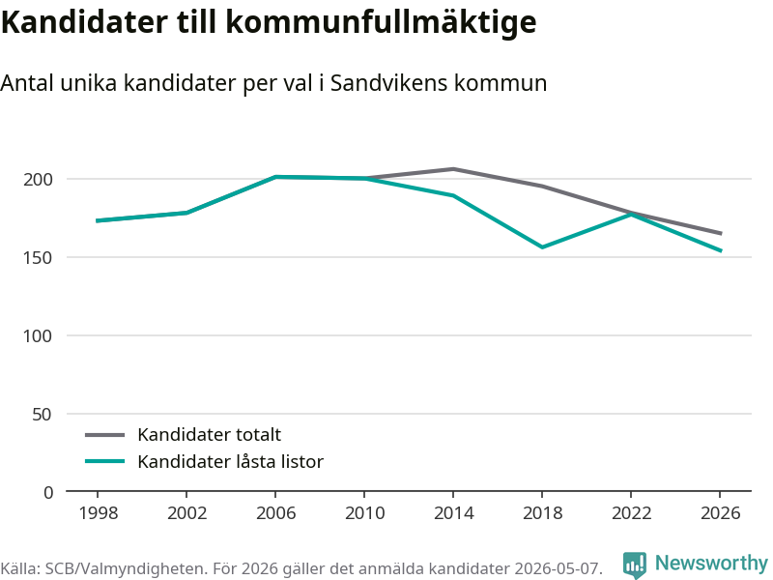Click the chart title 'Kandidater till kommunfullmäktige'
coord(269,22)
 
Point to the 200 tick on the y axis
coord(38,179)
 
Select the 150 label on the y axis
coord(38,257)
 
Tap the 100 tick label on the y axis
coord(38,335)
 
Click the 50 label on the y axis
coord(42,415)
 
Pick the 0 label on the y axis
coord(47,492)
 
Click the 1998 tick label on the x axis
coord(99,513)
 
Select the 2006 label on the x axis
coord(275,513)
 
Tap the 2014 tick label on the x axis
coord(453,513)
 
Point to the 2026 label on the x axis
coord(720,513)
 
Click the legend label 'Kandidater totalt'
coord(209,434)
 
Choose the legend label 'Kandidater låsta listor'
coord(230,462)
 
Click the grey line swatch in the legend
coord(105,435)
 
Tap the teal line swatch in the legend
coord(105,462)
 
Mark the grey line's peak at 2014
coord(453,169)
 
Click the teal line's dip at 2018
coord(542,247)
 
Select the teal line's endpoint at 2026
coord(721,250)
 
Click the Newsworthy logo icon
coord(635,565)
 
